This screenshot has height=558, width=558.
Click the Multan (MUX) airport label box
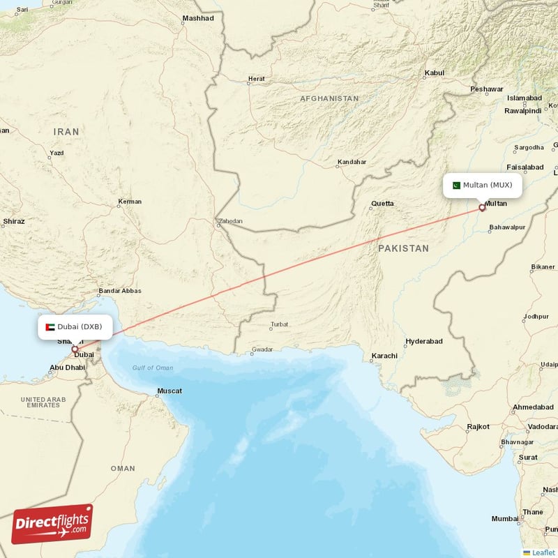pyautogui.click(x=482, y=186)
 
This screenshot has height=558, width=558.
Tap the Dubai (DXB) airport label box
pyautogui.click(x=75, y=326)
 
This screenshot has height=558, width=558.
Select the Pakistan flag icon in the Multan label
pyautogui.click(x=456, y=186)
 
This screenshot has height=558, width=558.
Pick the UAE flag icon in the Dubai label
pyautogui.click(x=50, y=326)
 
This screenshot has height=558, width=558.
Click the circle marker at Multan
pyautogui.click(x=481, y=207)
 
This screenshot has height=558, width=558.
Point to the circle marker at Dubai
pyautogui.click(x=75, y=349)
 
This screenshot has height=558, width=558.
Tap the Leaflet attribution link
pyautogui.click(x=543, y=552)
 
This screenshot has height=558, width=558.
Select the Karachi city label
pyautogui.click(x=384, y=356)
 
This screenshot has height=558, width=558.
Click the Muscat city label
pyautogui.click(x=170, y=391)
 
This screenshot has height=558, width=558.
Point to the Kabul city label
pyautogui.click(x=434, y=73)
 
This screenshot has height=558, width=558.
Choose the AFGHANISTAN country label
pyautogui.click(x=329, y=99)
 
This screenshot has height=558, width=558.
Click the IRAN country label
pyautogui.click(x=67, y=131)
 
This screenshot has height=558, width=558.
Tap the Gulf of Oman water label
pyautogui.click(x=153, y=368)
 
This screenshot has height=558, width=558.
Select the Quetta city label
pyautogui.click(x=382, y=204)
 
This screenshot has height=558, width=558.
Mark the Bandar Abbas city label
pyautogui.click(x=120, y=291)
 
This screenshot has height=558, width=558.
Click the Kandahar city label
pyautogui.click(x=352, y=162)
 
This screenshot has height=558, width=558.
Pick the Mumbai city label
pyautogui.click(x=505, y=518)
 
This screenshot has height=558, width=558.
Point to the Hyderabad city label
pyautogui.click(x=424, y=341)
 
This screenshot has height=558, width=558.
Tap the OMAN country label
pyautogui.click(x=123, y=468)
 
